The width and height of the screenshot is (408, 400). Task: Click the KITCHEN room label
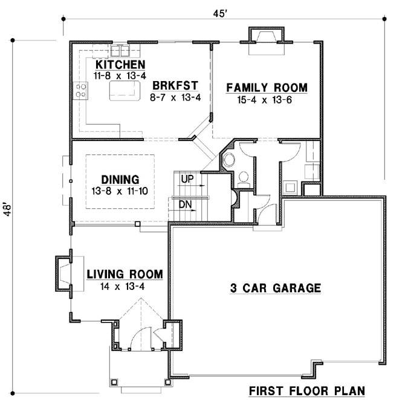click(119, 65)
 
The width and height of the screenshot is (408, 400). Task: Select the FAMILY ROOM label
click(267, 88)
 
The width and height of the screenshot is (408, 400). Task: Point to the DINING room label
click(120, 180)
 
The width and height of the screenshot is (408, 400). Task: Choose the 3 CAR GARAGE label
click(275, 288)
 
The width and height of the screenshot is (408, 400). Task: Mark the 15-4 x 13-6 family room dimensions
click(267, 100)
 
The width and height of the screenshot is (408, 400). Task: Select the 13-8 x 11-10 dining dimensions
click(120, 191)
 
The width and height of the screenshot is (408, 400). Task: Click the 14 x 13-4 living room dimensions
click(123, 287)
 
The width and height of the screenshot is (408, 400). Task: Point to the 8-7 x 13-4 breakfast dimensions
click(175, 97)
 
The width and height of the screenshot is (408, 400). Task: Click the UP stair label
click(187, 179)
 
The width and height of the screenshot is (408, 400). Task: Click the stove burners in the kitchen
click(80, 91)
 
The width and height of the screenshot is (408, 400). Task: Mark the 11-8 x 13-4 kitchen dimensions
click(119, 76)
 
